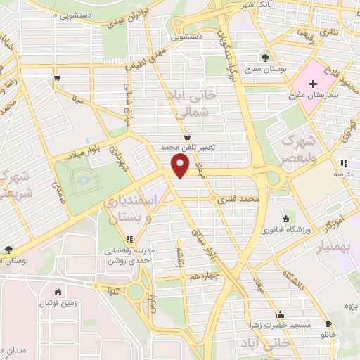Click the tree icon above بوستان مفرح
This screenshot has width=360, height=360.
265,58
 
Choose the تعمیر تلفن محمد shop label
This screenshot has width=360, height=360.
186,148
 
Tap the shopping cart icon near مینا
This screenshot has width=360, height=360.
56,78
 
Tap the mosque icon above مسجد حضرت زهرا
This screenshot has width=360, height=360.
281,314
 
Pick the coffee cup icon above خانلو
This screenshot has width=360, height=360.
328,324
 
